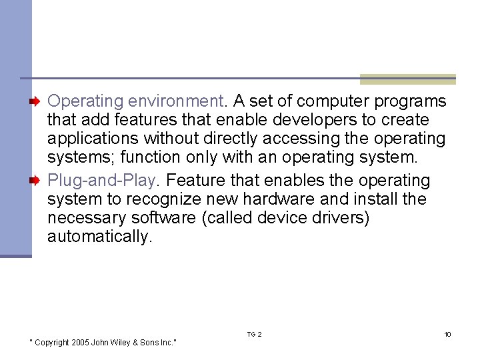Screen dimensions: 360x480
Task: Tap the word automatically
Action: (x=99, y=237)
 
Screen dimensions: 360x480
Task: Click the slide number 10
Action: (x=447, y=334)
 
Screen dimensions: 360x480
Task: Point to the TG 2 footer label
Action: (x=254, y=334)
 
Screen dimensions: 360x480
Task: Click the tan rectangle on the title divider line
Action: (x=407, y=79)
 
